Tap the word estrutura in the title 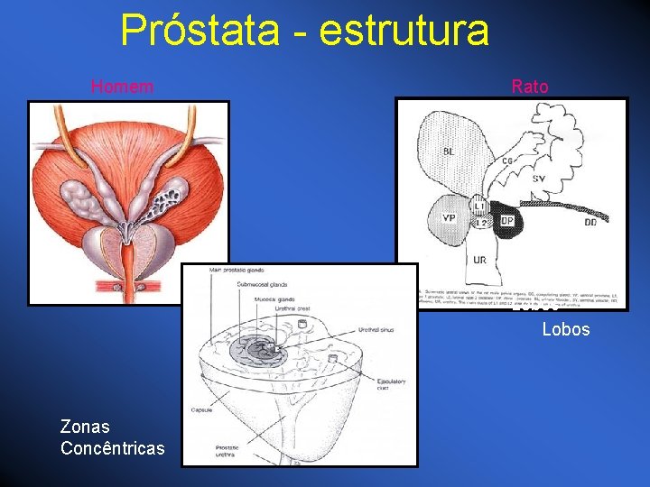tap(404, 30)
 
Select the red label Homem tap(122, 87)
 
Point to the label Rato tap(530, 87)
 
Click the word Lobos tap(566, 329)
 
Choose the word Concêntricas tap(113, 448)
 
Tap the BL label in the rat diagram tap(449, 151)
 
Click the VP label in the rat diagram tap(449, 217)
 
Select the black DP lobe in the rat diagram tap(506, 221)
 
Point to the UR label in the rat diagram tap(480, 260)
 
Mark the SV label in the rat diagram tap(538, 179)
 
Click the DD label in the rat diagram tap(590, 222)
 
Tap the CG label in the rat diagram tap(507, 161)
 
